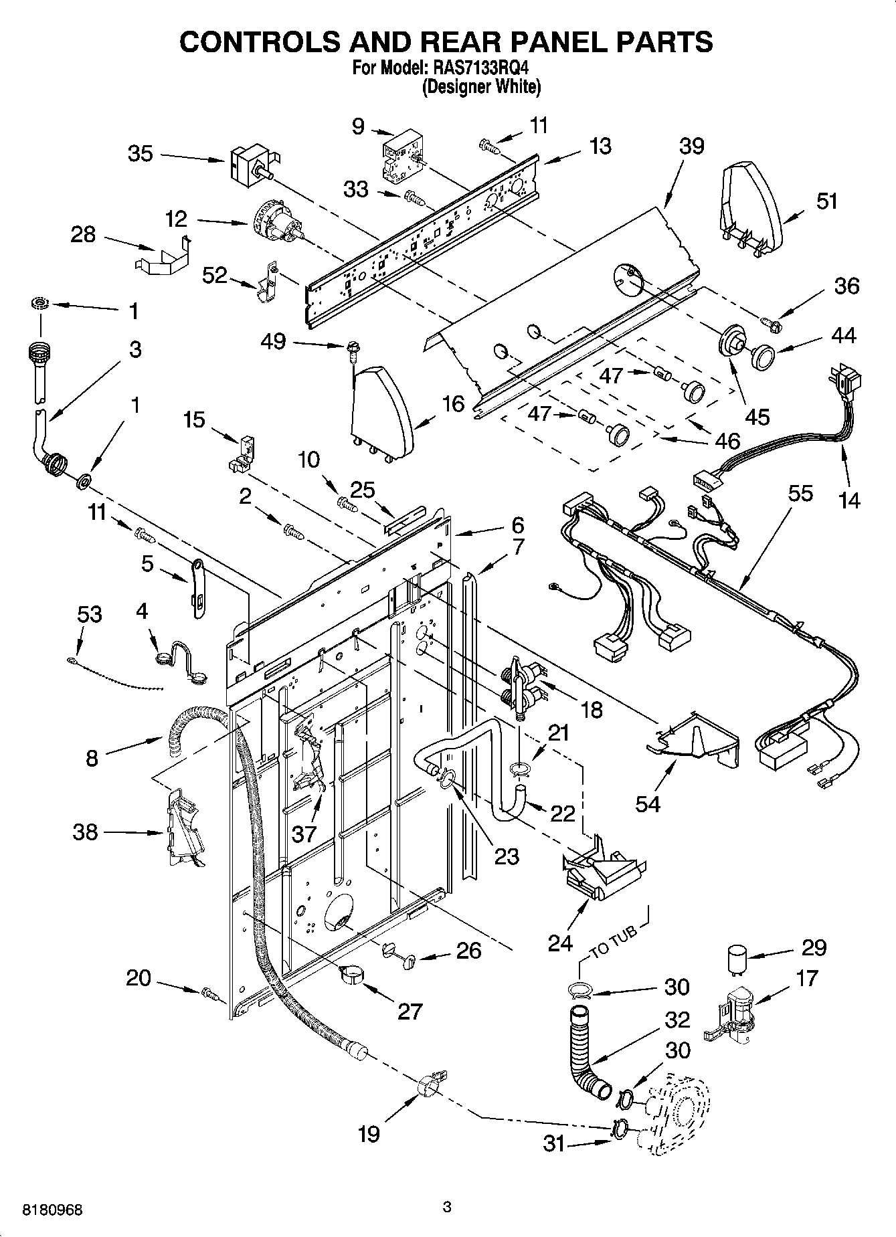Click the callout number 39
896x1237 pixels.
coord(691,146)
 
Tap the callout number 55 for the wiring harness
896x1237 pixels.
coord(800,494)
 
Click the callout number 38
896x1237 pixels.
coord(85,832)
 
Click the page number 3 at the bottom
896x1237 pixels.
coord(448,1207)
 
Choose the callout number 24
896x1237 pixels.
coord(560,943)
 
